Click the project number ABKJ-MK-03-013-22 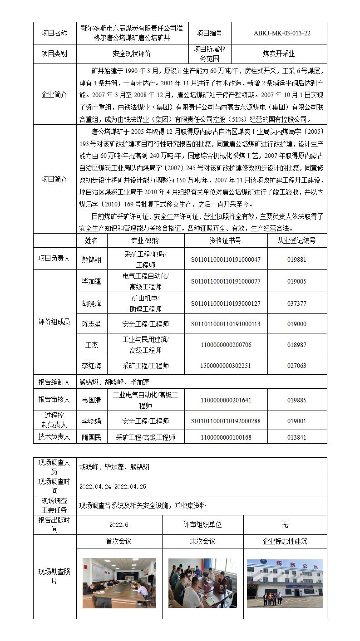[x=279, y=33]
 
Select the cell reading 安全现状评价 [x=132, y=54]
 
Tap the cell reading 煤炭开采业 [x=279, y=54]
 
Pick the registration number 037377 [x=297, y=303]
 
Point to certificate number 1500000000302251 [x=226, y=366]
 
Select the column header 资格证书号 [x=226, y=240]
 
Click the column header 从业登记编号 [x=297, y=240]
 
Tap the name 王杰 [x=92, y=345]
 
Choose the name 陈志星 [x=92, y=324]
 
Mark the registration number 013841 [x=297, y=437]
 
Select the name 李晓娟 [x=92, y=421]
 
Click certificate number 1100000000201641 [x=226, y=400]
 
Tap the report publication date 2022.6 [x=119, y=525]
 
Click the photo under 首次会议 [x=119, y=583]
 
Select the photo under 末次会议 [x=202, y=583]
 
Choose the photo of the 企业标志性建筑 [x=285, y=583]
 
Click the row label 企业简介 [x=54, y=94]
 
